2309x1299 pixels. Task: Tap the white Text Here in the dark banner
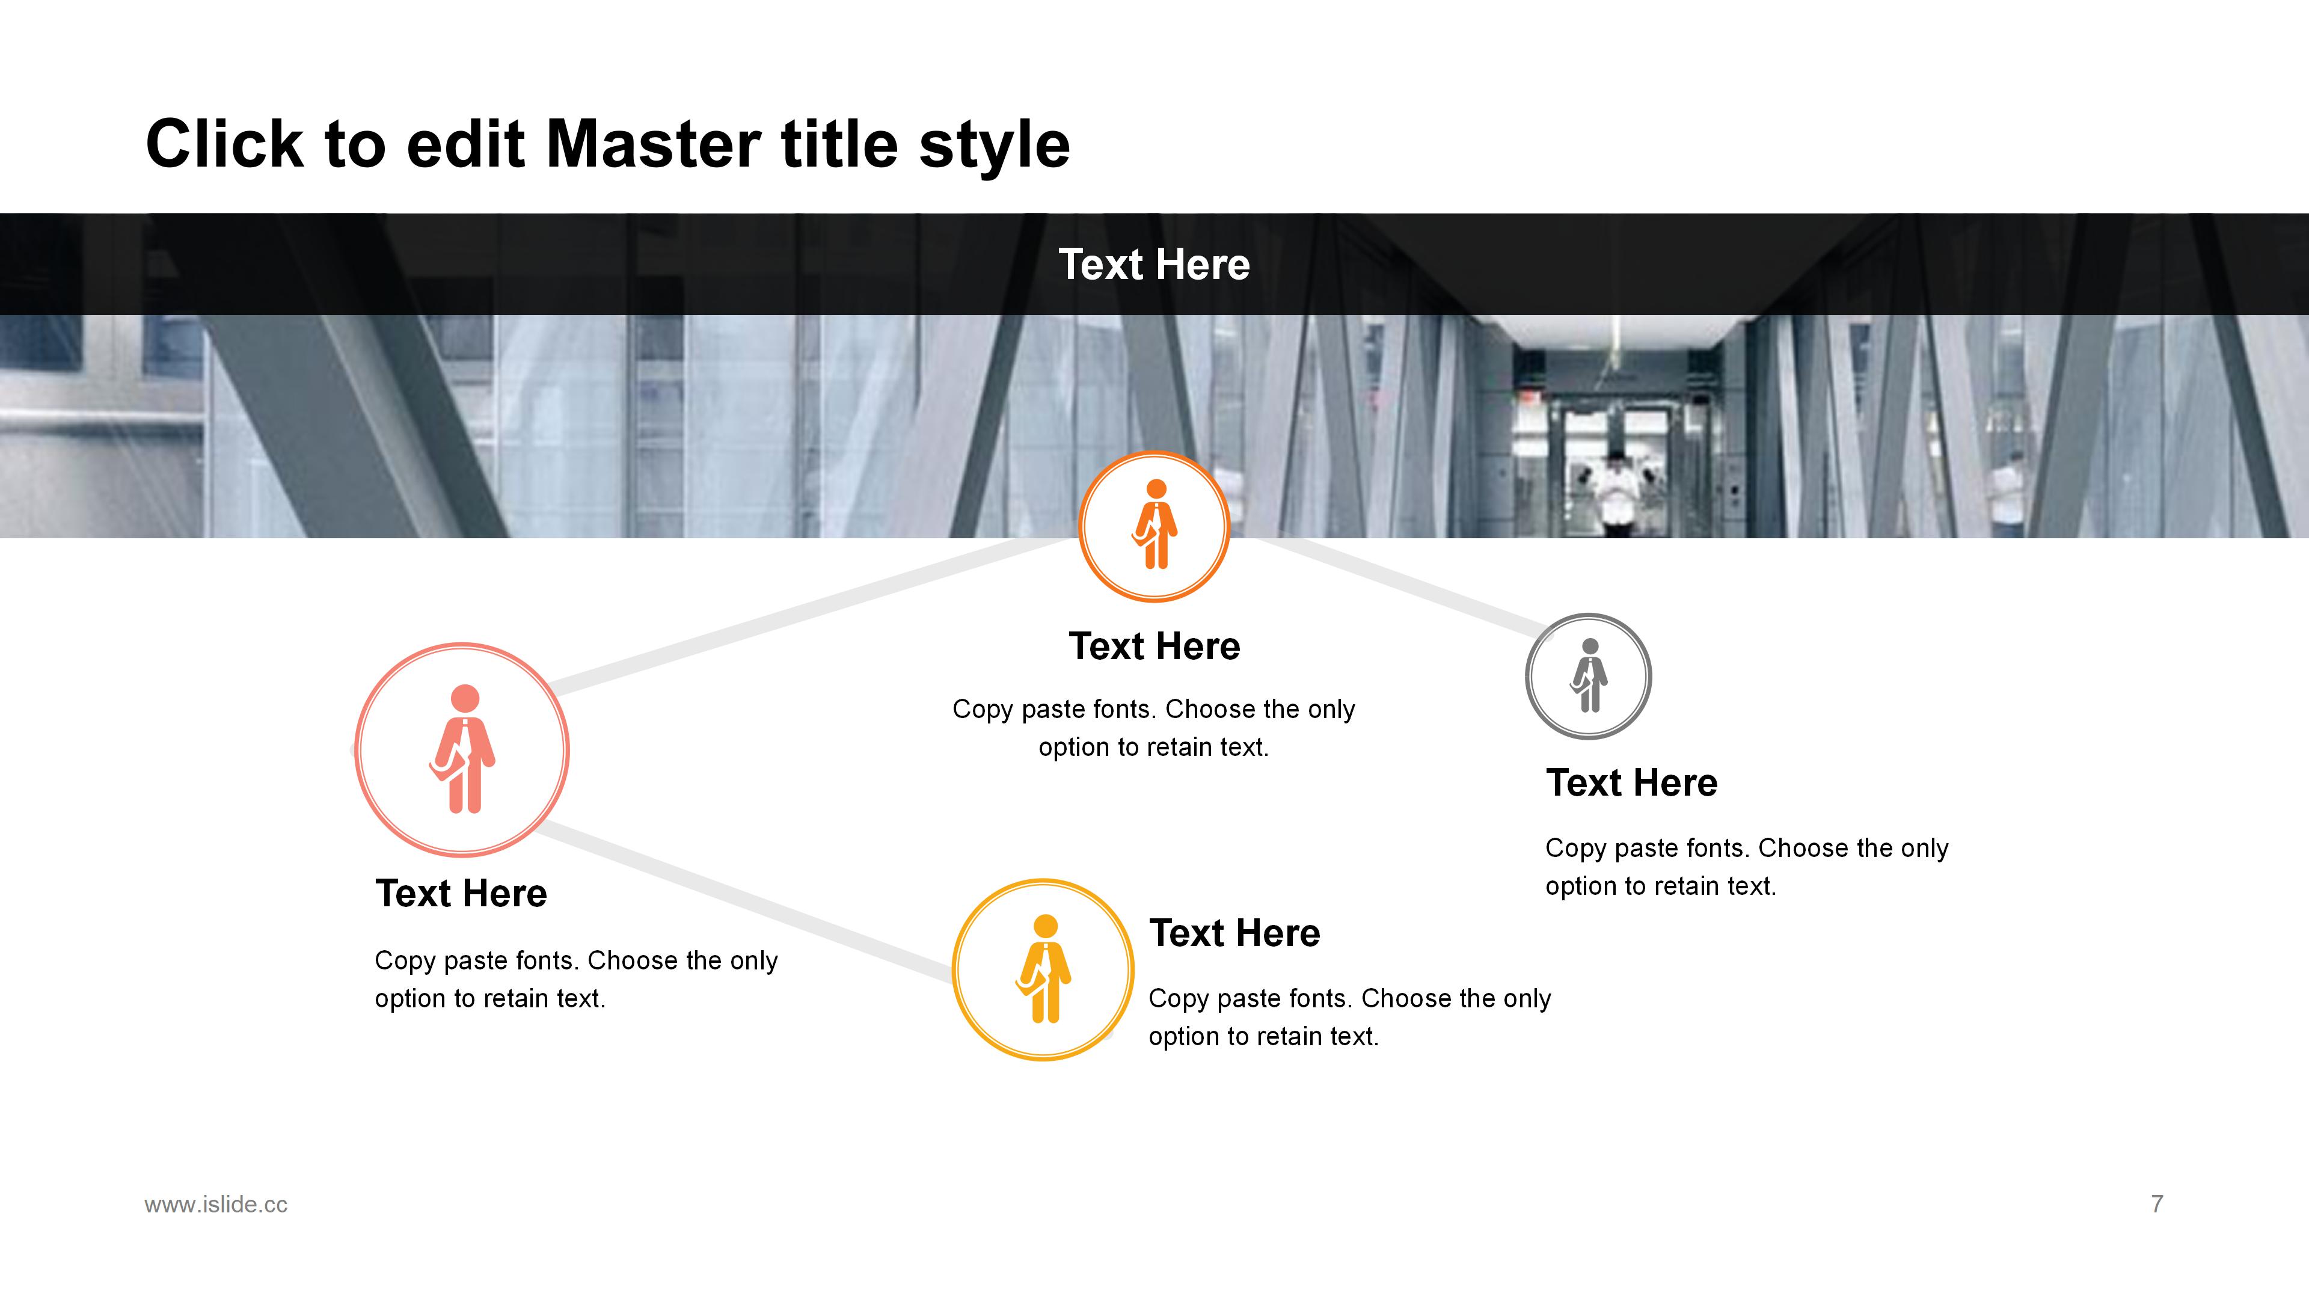(1154, 265)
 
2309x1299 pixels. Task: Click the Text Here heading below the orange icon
(1154, 646)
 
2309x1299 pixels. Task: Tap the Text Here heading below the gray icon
(1631, 782)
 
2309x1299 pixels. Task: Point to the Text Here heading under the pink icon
(461, 894)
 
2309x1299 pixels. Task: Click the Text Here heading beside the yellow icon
(1234, 933)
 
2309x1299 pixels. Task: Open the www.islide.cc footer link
(216, 1204)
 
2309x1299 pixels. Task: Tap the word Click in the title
(225, 144)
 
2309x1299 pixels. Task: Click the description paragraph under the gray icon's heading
(1746, 867)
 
